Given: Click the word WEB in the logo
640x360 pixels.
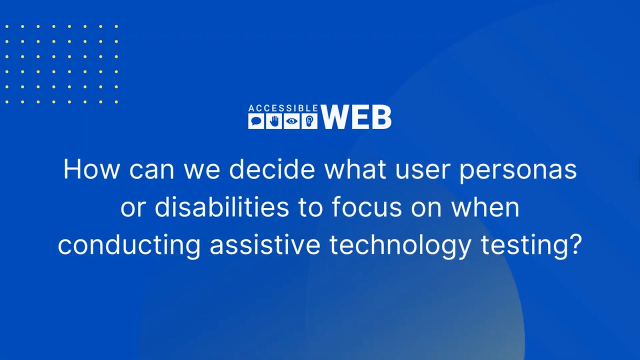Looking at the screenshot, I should tap(356, 118).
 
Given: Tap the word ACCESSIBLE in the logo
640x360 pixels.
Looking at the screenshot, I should tap(283, 108).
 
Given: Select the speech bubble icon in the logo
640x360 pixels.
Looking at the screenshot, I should tap(256, 121).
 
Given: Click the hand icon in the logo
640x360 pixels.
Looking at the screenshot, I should tap(274, 121).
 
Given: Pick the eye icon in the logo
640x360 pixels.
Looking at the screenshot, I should tap(291, 121).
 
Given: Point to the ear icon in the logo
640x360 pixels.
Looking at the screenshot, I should tap(309, 121).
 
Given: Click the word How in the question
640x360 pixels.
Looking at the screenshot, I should tap(91, 170).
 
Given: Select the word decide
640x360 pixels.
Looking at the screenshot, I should tap(272, 170).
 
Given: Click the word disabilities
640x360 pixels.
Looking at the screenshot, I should tap(221, 207).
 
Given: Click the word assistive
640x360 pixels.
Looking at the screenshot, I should tap(264, 245).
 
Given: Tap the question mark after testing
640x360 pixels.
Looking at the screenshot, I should tap(576, 245).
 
